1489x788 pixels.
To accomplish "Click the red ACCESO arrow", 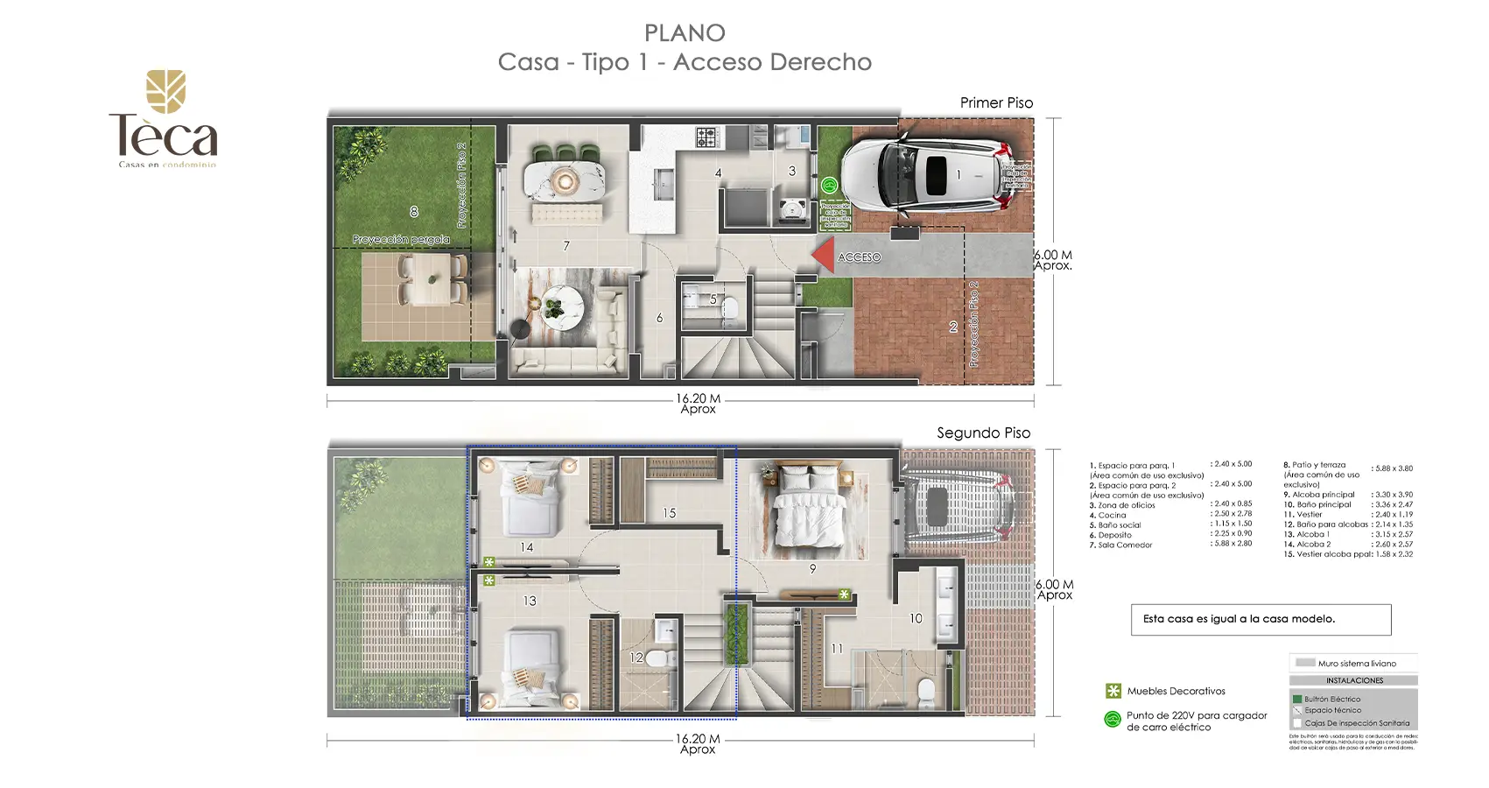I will click(x=823, y=257).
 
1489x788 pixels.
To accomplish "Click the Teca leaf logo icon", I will click(x=165, y=92).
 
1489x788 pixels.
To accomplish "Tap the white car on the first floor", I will click(x=928, y=176).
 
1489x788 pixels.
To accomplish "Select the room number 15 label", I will click(x=670, y=513).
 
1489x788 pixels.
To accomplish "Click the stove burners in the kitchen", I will click(x=706, y=137).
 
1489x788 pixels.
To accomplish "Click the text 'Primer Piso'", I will click(x=996, y=103).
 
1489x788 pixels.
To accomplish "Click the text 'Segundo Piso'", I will click(x=983, y=433).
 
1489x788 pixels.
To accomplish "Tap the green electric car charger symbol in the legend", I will click(x=1113, y=720).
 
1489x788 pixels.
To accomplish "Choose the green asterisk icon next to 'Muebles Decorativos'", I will click(x=1113, y=691).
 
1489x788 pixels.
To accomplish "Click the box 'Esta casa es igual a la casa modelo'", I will click(x=1261, y=619).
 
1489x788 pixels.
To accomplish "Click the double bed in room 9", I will click(x=808, y=512).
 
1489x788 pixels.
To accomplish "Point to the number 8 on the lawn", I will click(x=414, y=211).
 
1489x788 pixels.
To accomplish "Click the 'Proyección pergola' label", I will click(x=401, y=239).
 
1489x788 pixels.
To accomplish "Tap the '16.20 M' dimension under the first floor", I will click(x=698, y=398).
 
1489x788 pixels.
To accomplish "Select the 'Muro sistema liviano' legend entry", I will click(x=1355, y=663).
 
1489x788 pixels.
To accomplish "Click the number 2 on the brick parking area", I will click(x=953, y=327).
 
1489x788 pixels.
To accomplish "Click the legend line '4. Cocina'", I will click(x=1113, y=515).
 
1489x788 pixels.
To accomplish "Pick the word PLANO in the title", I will click(x=685, y=33).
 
